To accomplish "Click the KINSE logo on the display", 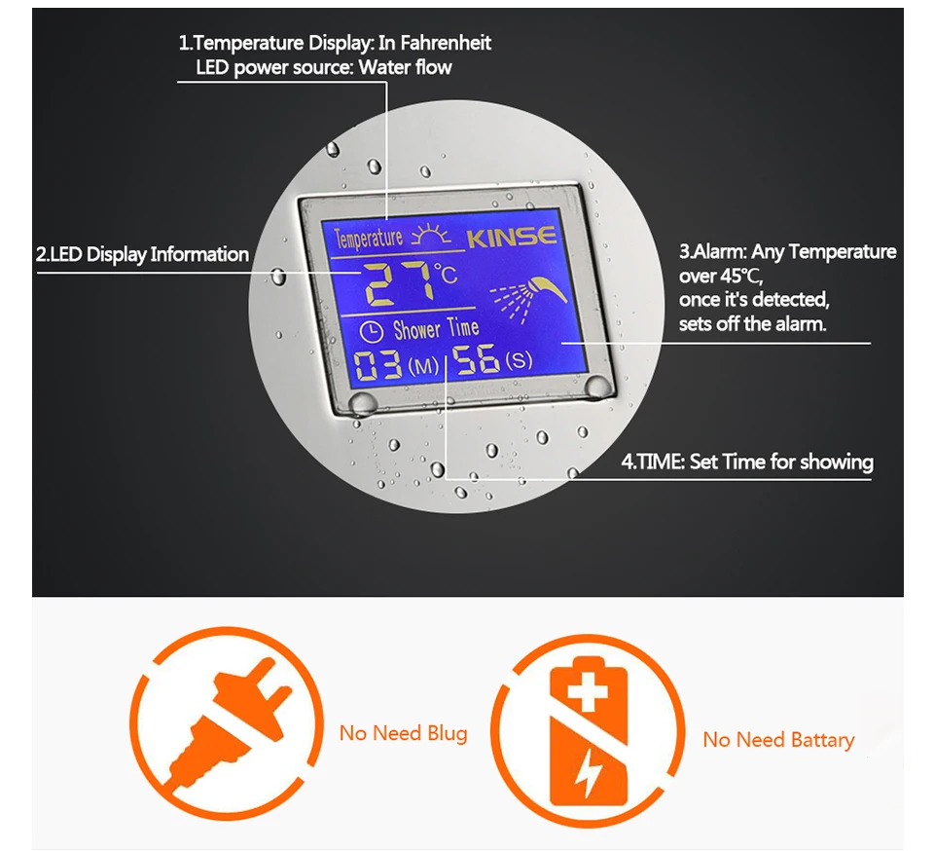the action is point(511,237).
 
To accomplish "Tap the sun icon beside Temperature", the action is point(433,237).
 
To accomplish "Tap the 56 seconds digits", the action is point(478,360).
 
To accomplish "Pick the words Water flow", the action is point(406,67).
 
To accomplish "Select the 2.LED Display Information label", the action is point(142,255).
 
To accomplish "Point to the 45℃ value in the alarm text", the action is point(738,276).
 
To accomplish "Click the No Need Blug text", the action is point(403,733).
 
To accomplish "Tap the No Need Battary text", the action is point(778,740).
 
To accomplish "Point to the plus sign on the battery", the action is point(586,692).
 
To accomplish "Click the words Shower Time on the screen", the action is point(437,329).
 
